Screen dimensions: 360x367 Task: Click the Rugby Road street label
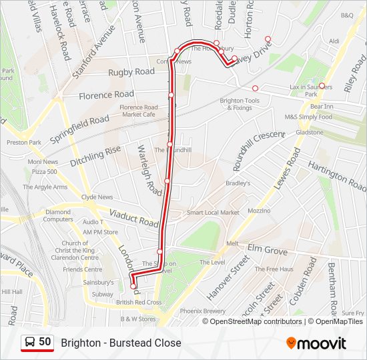(x=132, y=71)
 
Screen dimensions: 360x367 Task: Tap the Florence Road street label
(x=106, y=95)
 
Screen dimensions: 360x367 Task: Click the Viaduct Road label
(x=134, y=217)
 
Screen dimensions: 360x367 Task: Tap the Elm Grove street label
(x=267, y=251)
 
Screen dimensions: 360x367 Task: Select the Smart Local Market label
(x=213, y=213)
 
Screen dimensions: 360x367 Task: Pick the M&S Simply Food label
(x=308, y=117)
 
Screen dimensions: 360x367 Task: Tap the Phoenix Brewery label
(x=203, y=311)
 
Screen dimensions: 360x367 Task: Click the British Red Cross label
(x=139, y=302)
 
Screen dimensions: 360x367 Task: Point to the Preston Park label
(x=24, y=142)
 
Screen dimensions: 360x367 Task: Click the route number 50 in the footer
(x=45, y=342)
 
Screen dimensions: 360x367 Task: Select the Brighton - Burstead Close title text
(x=121, y=343)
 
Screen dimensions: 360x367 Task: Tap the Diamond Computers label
(x=59, y=215)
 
